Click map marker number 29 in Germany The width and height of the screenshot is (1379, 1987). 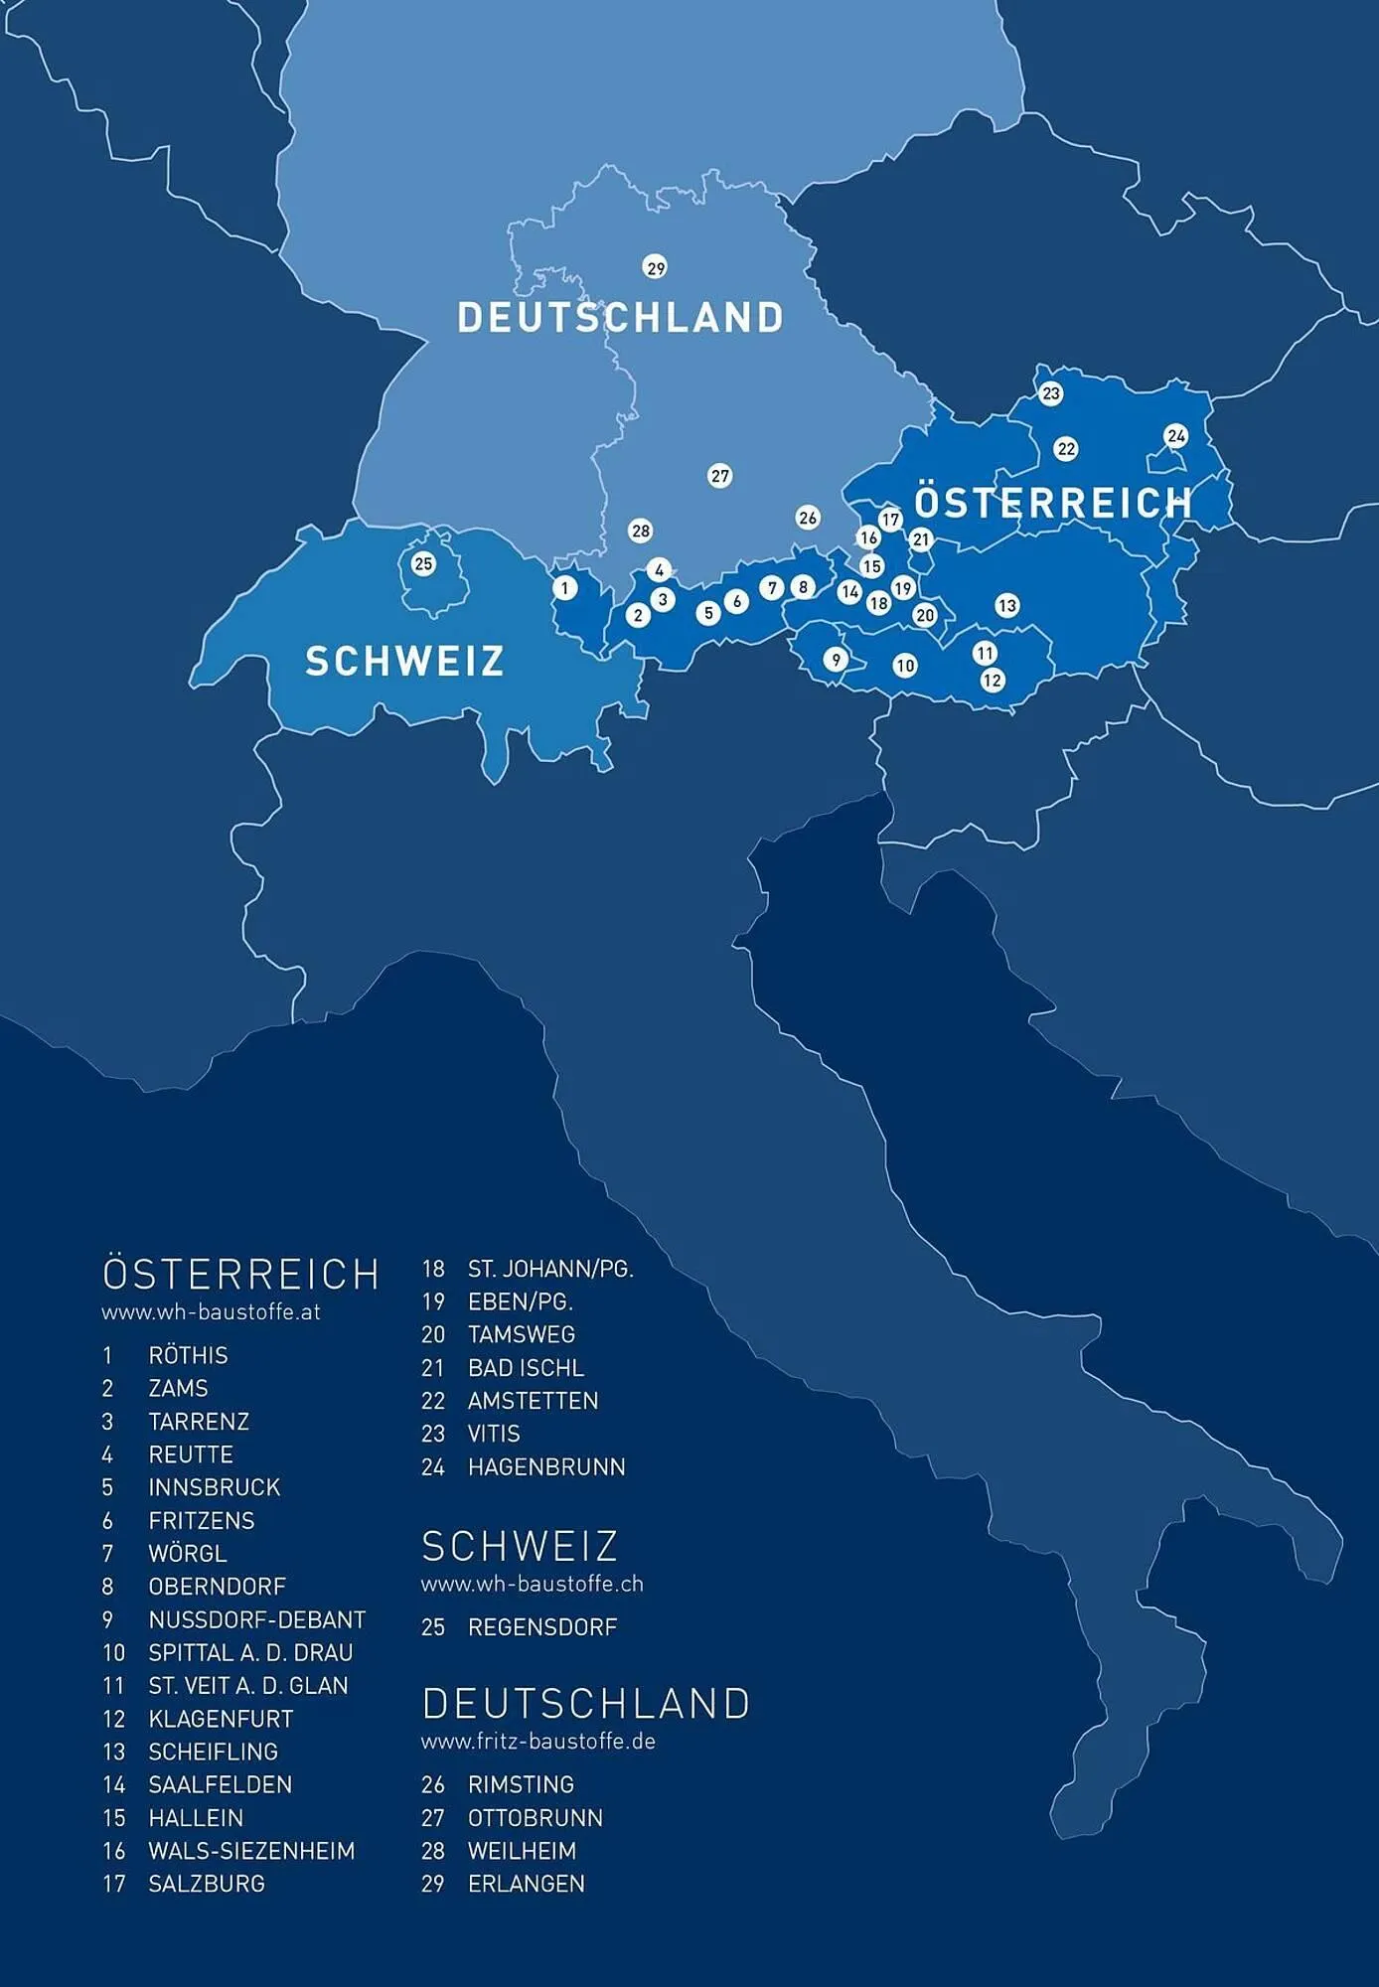point(656,268)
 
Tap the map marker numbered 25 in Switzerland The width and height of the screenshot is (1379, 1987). point(423,564)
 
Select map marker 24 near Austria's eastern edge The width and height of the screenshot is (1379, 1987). point(1176,436)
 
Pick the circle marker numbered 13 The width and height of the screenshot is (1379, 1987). point(1007,605)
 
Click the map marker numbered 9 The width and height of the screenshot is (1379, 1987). point(836,660)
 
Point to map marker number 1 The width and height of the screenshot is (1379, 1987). point(565,588)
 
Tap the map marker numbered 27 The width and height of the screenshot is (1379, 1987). point(720,476)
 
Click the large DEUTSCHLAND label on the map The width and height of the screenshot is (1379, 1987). point(621,318)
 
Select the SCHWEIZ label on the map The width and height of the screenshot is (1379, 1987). point(404,662)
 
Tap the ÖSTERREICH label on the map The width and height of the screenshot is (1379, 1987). point(1053,502)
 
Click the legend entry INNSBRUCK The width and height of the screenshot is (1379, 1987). point(215,1487)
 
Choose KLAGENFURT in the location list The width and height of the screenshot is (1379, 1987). point(221,1719)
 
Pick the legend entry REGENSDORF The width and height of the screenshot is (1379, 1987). point(542,1627)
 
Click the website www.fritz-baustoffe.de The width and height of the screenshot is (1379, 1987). point(537,1742)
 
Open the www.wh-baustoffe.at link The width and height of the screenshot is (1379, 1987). point(211,1311)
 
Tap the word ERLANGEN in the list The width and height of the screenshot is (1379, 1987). point(527,1884)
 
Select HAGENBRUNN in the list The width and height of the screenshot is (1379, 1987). point(546,1466)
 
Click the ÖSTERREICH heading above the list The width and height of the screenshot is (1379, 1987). point(240,1274)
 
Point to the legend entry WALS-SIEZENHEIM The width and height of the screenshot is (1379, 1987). point(251,1851)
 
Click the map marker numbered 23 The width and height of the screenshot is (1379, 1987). point(1051,393)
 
